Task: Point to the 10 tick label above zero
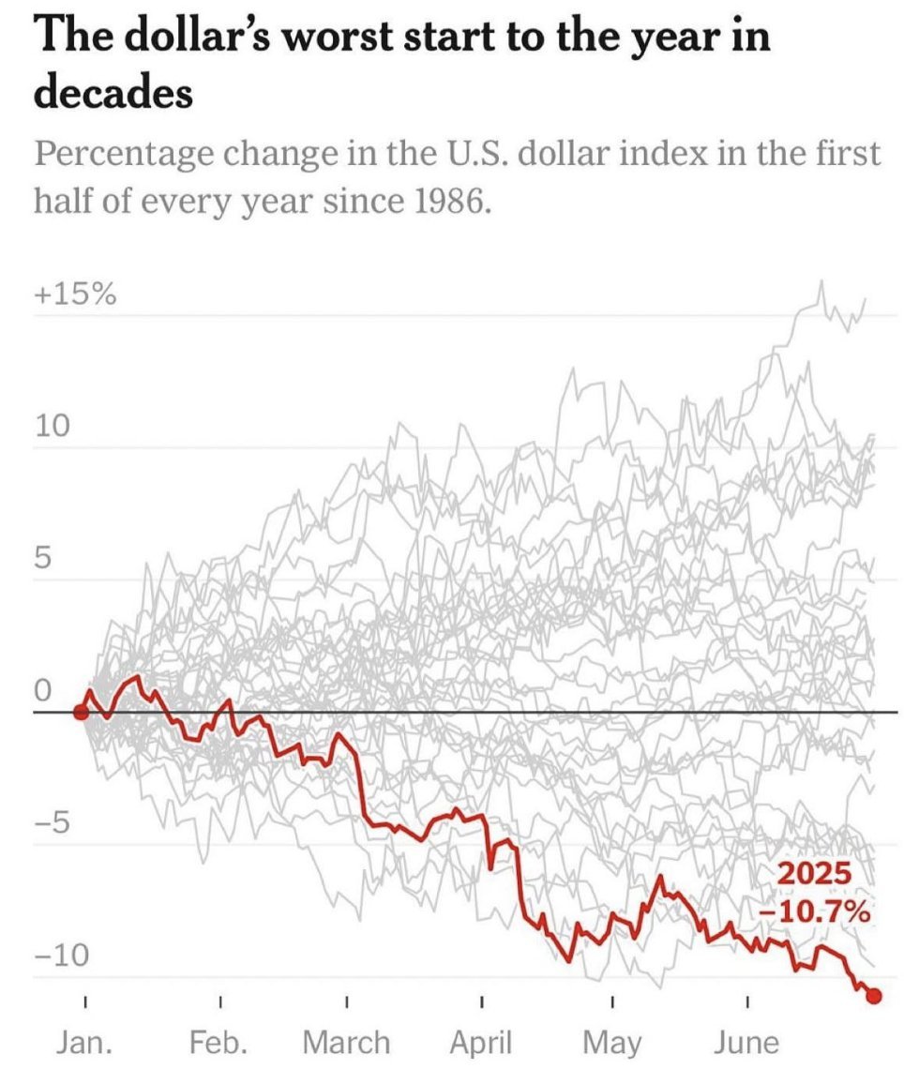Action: (53, 428)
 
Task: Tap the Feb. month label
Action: (221, 1042)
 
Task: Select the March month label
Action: (346, 1042)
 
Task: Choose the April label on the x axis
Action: (481, 1042)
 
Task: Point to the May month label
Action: (612, 1042)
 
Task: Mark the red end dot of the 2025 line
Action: (874, 996)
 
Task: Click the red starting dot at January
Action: (82, 713)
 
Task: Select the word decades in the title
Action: (113, 94)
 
